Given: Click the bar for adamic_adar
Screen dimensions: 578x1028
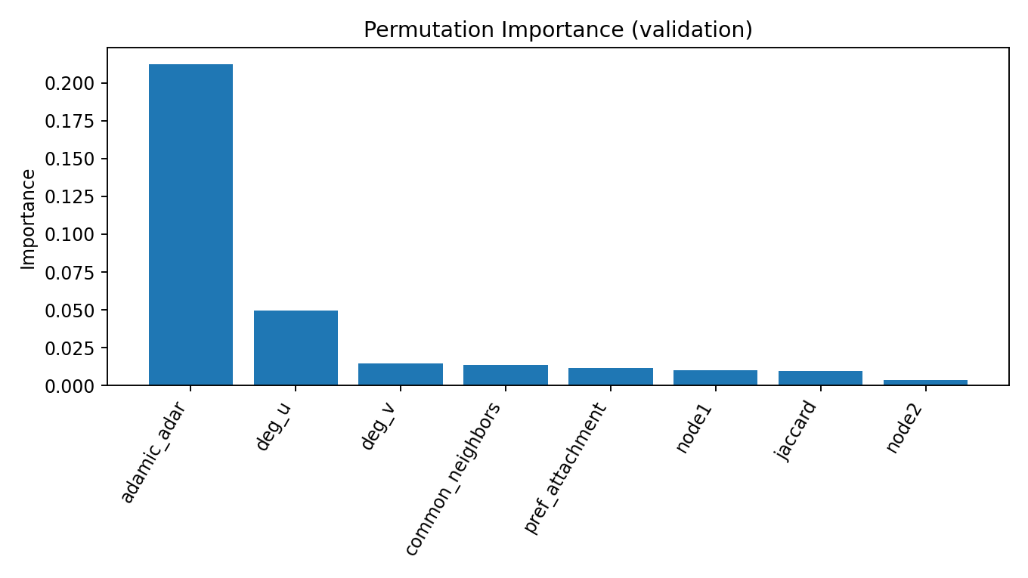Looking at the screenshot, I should coord(190,225).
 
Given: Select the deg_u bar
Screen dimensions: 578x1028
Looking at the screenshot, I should coord(296,348).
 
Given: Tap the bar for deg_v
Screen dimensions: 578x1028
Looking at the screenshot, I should coord(401,375).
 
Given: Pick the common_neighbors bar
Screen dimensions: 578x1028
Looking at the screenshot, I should coord(506,376).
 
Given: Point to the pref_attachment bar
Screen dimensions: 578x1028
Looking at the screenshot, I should coord(611,377).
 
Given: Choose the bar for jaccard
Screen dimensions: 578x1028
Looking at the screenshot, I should coord(820,379).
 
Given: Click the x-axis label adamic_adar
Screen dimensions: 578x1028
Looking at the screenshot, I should coord(154,453).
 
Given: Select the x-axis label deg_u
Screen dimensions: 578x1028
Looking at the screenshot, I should coord(274,427).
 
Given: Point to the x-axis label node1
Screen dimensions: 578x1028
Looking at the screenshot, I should coord(695,428).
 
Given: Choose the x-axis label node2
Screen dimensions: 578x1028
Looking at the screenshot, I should coord(904,428).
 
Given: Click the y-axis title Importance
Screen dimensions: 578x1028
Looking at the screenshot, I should coord(29,218).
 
